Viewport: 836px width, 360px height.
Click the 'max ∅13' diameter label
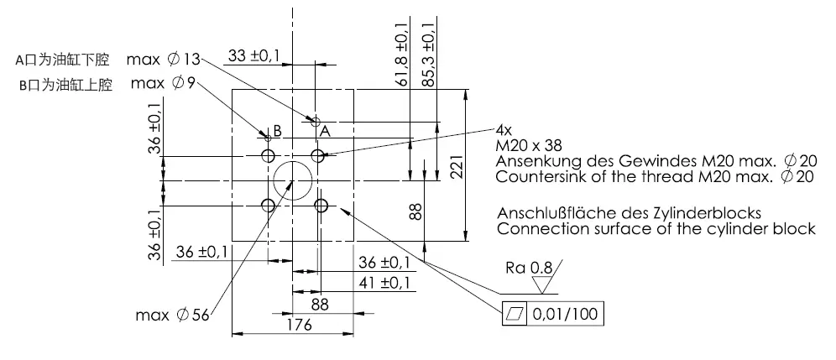pos(165,60)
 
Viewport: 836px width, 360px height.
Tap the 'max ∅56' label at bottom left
pos(173,316)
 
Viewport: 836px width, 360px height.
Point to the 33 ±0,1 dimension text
pos(253,56)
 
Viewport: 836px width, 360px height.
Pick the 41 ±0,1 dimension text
pos(384,282)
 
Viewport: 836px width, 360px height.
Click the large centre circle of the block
pos(293,180)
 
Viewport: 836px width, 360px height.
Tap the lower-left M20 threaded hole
pos(269,206)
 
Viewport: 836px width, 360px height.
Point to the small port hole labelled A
pos(317,120)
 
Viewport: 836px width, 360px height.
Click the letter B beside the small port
pos(274,131)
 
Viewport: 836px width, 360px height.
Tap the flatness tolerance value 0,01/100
pos(565,315)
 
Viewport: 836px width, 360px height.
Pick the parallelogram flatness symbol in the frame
pos(514,315)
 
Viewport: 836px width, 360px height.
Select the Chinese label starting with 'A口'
pos(64,60)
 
